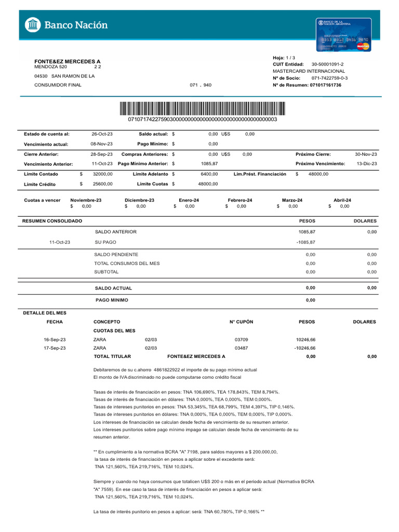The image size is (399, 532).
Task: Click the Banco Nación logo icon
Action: tap(33, 24)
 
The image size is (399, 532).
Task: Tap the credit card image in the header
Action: tap(343, 34)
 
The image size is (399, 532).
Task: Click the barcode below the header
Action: tap(202, 109)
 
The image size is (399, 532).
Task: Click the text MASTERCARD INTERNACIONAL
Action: tap(309, 71)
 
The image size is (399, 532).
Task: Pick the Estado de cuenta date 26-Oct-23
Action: tap(102, 134)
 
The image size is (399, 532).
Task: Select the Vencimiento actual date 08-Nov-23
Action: tap(102, 144)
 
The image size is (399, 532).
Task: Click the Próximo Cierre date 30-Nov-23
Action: tap(366, 154)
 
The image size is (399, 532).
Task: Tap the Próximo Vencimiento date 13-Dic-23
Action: tap(367, 164)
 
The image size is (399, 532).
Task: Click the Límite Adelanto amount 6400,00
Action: tap(209, 175)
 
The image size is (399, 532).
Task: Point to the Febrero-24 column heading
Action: tap(240, 200)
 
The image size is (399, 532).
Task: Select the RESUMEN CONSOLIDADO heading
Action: tap(52, 221)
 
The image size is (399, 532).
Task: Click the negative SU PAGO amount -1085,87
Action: tap(305, 242)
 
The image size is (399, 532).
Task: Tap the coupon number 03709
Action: tap(242, 339)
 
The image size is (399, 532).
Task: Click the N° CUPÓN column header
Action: tap(241, 322)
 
